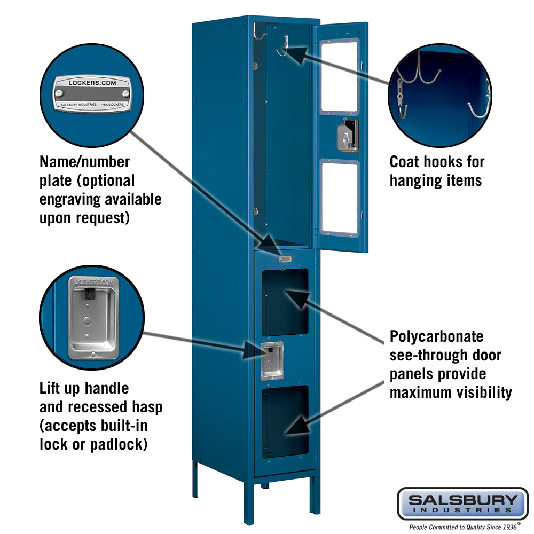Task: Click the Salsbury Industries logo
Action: (x=462, y=503)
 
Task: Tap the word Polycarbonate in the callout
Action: (x=436, y=336)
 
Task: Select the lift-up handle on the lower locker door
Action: (x=272, y=360)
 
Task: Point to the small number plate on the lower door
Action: (x=285, y=259)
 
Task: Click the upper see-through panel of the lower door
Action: (x=285, y=302)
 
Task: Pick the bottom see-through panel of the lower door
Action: (x=285, y=421)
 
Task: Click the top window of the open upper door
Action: (x=340, y=76)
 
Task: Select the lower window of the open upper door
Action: (x=340, y=198)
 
